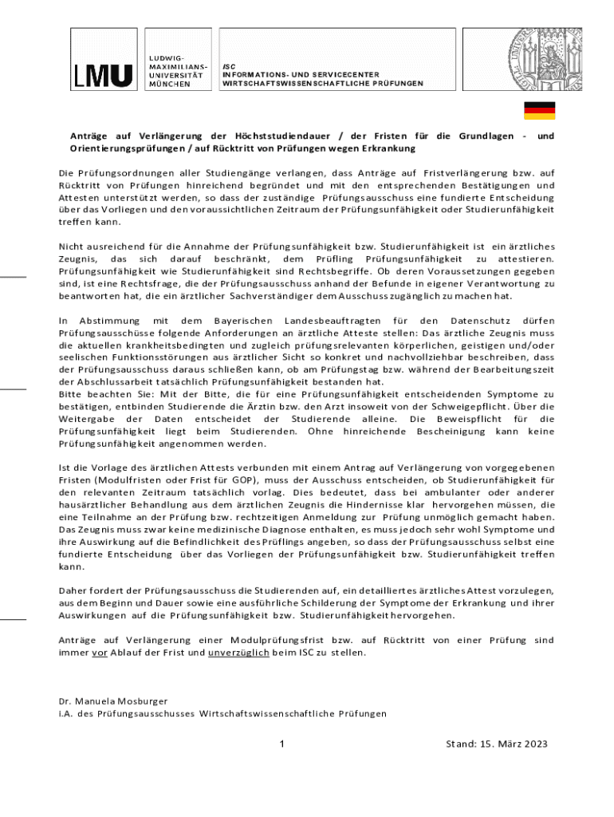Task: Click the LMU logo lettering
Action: pos(104,75)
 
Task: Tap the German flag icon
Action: pos(539,110)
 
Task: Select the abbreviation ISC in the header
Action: pos(229,66)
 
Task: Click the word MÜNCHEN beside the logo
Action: pos(169,84)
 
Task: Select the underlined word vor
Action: pos(100,652)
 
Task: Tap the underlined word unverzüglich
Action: pos(238,652)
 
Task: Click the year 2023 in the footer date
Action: pos(533,744)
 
